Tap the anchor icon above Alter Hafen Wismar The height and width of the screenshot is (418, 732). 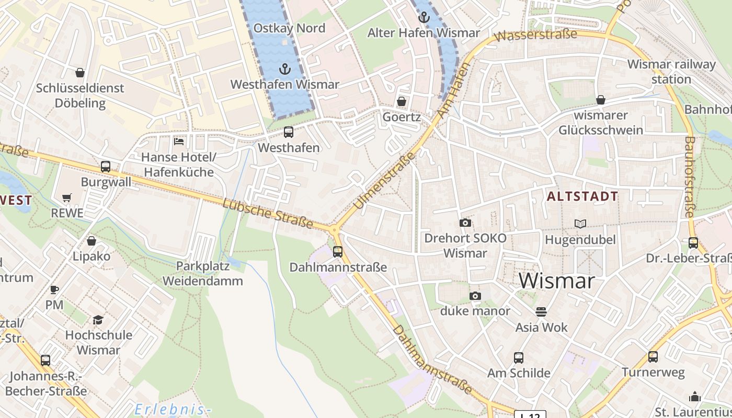coord(424,17)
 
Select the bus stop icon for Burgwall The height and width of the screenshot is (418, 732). coord(106,167)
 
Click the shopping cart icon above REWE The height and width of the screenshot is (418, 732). coord(66,198)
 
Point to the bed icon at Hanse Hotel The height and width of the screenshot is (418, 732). coord(178,141)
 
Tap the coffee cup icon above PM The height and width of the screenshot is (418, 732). coord(54,289)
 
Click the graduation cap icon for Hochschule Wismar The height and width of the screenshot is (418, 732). coord(98,320)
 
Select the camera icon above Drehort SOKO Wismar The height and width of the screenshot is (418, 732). coord(465,223)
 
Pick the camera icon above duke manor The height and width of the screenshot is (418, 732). coord(475,296)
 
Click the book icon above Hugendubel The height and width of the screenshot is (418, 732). coord(580,224)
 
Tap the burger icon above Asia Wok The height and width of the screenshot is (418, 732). coord(541,312)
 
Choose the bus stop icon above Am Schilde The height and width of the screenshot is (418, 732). coord(518,358)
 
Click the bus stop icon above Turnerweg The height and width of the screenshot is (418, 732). coord(653,357)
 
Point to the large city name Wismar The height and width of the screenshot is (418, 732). coord(556,281)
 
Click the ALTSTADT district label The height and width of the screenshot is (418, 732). coord(582,197)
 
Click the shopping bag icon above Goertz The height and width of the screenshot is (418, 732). coord(402,101)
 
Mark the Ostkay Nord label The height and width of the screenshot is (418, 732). coord(289,28)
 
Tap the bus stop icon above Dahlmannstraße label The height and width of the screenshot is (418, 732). coord(338,252)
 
